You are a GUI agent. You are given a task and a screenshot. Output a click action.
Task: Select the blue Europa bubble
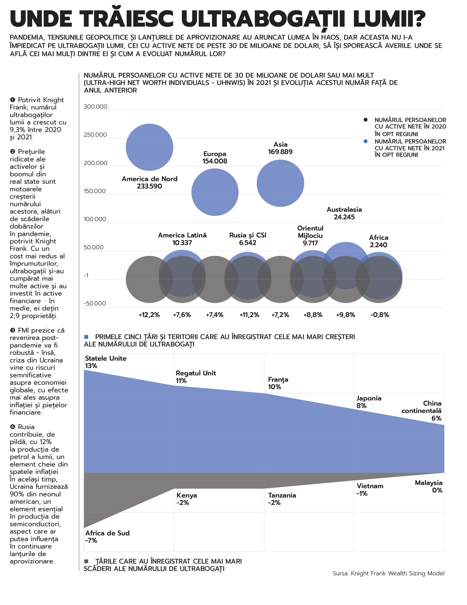215,192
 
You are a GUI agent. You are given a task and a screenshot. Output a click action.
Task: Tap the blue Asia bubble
280,183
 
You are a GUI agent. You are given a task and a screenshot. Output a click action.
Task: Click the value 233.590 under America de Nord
149,186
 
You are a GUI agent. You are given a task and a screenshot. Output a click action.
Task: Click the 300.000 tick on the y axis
96,107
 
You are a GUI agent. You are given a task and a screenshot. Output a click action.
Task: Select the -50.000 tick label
95,303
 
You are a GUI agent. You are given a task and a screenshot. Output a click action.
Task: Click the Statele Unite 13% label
105,362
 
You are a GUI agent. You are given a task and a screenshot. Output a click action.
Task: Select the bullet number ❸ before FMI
13,330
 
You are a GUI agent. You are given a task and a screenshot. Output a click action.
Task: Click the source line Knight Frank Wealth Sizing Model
388,573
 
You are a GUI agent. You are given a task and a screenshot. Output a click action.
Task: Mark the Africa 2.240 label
378,241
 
